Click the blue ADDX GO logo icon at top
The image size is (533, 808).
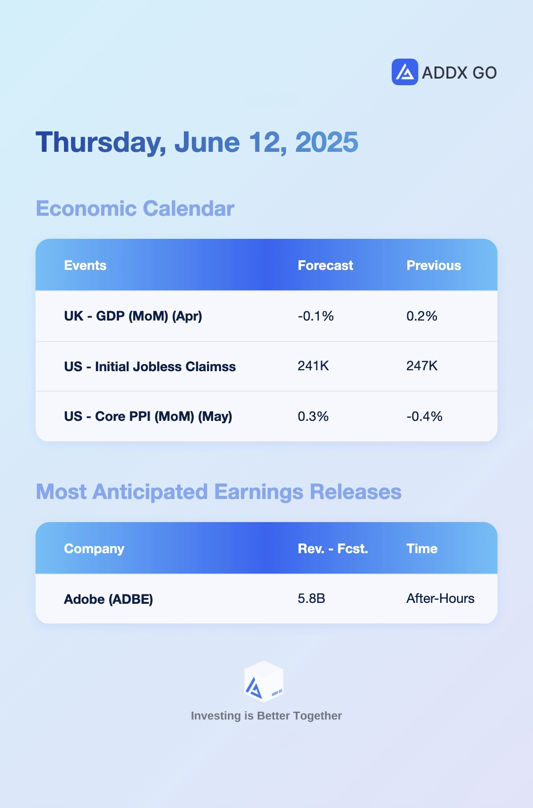pos(405,72)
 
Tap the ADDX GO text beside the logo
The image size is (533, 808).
pos(459,73)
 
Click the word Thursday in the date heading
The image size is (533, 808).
pos(101,143)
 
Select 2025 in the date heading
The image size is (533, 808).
pos(326,142)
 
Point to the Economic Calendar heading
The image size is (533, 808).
pos(135,209)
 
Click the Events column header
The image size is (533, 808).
pos(85,265)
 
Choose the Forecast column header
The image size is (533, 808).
pos(326,265)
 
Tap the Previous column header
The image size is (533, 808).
pos(434,265)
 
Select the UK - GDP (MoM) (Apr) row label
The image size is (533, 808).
pos(133,316)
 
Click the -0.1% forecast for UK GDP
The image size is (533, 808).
pos(316,316)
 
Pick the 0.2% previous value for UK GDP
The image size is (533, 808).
pos(422,316)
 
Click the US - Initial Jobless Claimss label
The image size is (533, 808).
pos(150,367)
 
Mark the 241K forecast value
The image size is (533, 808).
pos(314,366)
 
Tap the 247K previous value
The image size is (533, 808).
pos(422,366)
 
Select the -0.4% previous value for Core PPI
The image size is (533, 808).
pos(425,416)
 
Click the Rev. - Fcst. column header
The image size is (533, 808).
pos(333,549)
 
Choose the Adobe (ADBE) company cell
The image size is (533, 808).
pos(109,599)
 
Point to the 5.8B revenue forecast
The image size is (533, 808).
pos(312,598)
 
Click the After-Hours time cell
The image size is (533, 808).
pos(441,598)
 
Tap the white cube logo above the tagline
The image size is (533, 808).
pos(264,681)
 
